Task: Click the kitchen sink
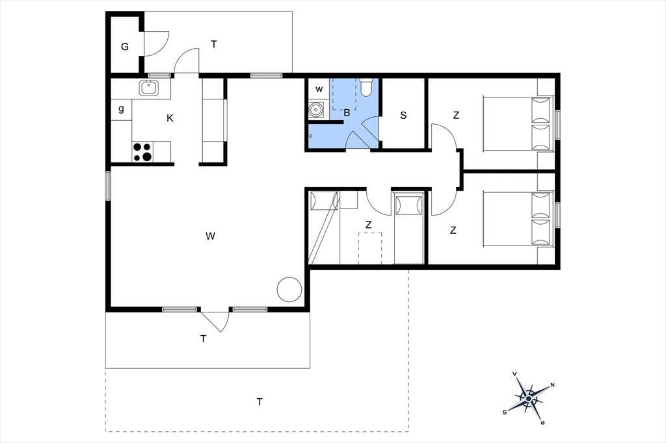point(148,88)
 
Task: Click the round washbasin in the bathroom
point(315,110)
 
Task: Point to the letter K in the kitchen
point(170,118)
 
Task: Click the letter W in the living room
point(210,236)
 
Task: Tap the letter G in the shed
point(125,47)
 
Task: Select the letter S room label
point(403,115)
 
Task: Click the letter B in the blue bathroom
point(347,113)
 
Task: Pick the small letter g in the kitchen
point(122,109)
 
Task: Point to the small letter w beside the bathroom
point(319,90)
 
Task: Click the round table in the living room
point(289,290)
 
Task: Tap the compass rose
point(528,398)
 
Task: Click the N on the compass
point(553,385)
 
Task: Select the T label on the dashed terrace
point(260,401)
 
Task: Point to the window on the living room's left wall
point(109,185)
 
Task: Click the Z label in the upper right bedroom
point(456,115)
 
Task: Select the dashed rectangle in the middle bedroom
point(370,248)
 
